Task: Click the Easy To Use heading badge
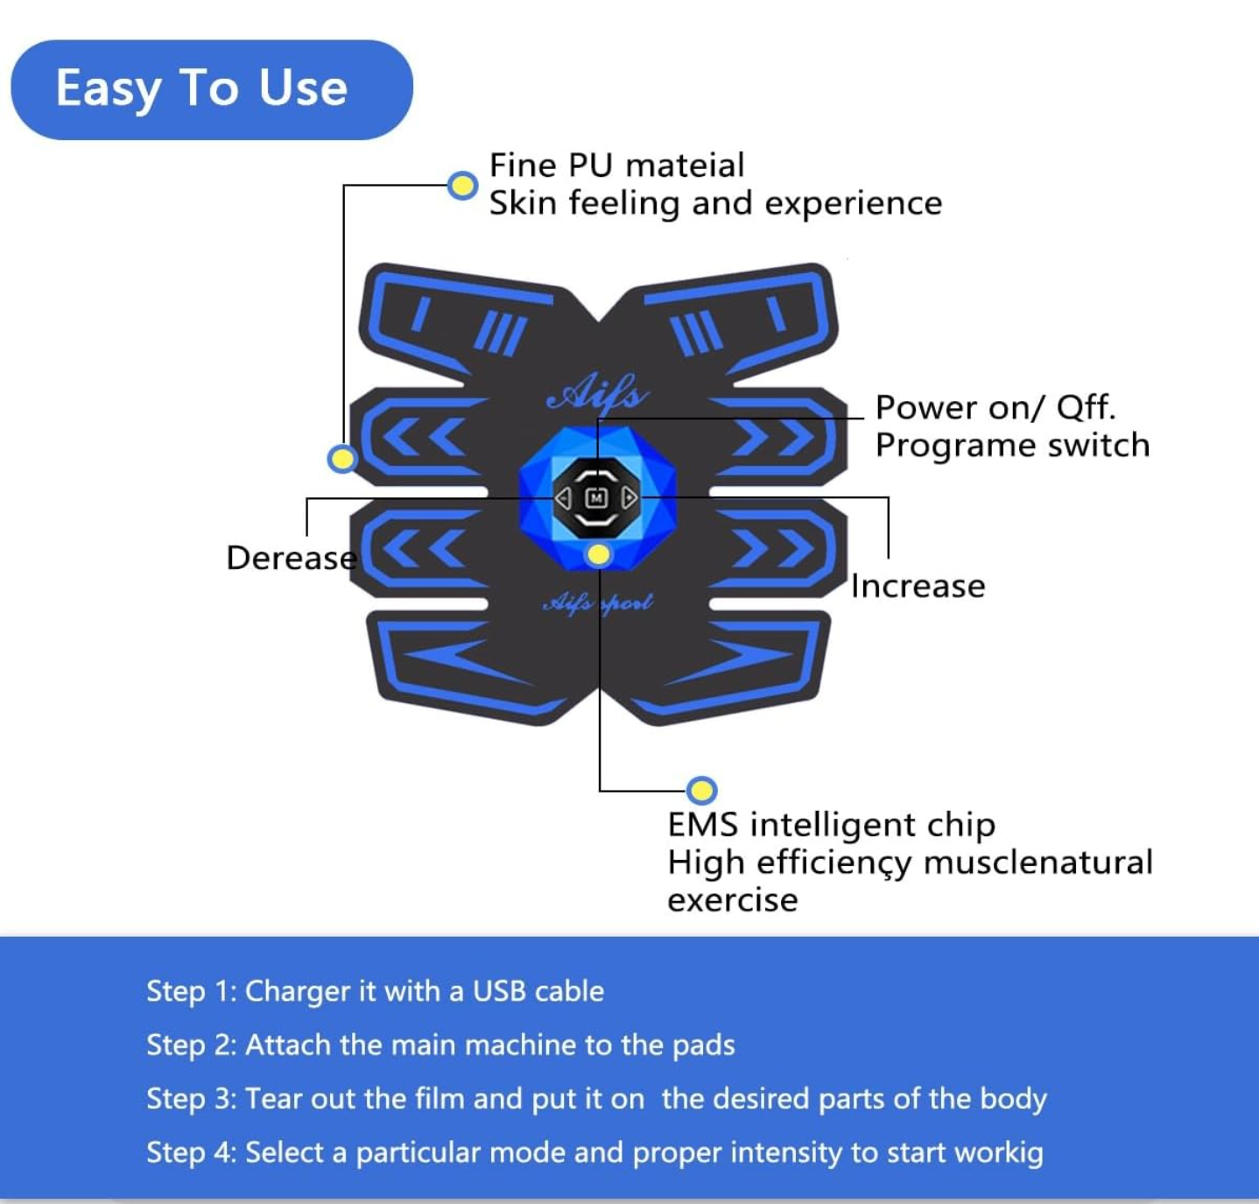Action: (211, 89)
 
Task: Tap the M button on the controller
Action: (596, 498)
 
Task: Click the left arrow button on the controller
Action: (564, 498)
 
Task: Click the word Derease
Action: (291, 558)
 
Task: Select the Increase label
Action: (918, 586)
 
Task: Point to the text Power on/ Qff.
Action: (995, 407)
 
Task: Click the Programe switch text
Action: (1012, 445)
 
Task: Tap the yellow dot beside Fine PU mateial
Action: (462, 186)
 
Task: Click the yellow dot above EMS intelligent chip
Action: (701, 791)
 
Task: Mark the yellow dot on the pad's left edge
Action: (341, 458)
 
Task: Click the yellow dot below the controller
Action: (599, 554)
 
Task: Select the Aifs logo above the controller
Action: (598, 394)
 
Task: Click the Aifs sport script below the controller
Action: (598, 602)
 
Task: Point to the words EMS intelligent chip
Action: (831, 825)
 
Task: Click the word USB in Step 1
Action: (499, 991)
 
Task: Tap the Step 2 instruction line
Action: (440, 1045)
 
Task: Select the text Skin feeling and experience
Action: (715, 203)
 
